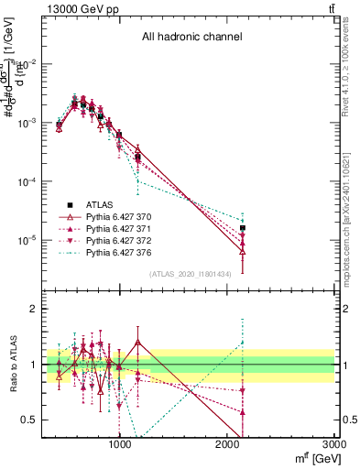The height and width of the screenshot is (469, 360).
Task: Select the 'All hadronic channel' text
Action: tap(191, 38)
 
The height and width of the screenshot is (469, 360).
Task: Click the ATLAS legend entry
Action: tap(102, 205)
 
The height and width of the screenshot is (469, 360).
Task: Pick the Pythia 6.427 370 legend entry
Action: tap(118, 218)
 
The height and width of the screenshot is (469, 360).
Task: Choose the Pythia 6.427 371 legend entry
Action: tap(118, 230)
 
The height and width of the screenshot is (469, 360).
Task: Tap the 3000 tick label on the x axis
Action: tap(336, 446)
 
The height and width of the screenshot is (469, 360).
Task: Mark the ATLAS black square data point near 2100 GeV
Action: tap(243, 227)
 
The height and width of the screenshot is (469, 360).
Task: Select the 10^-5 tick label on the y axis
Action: tap(27, 240)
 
